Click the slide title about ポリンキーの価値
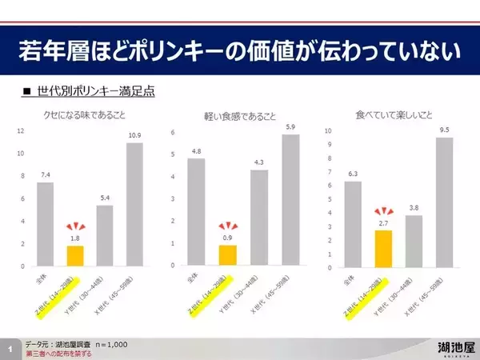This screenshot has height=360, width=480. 239,53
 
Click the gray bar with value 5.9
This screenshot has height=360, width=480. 291,200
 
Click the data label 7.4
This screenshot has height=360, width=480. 46,174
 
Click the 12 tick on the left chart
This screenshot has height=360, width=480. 22,131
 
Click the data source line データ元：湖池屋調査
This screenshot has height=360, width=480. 76,344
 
